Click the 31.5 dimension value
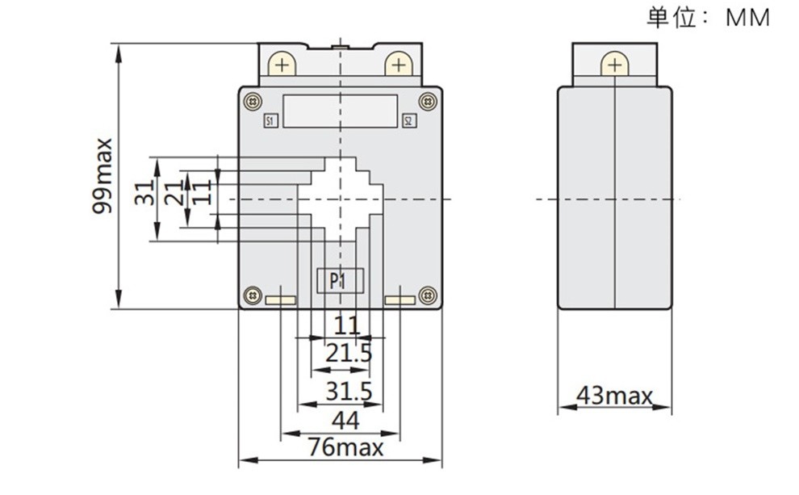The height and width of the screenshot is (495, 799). [349, 392]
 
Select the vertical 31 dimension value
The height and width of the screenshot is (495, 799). [145, 194]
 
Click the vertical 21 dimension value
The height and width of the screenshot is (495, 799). [174, 194]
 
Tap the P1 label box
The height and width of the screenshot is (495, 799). [339, 281]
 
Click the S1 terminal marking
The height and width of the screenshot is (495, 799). [270, 122]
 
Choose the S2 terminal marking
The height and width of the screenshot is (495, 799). [408, 122]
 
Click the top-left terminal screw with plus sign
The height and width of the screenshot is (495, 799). [281, 65]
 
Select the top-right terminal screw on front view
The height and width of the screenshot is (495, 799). [397, 65]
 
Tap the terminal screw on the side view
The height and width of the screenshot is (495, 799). [614, 65]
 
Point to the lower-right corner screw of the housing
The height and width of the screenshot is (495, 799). [428, 296]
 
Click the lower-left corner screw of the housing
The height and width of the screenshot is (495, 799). [253, 296]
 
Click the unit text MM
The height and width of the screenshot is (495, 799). [748, 18]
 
